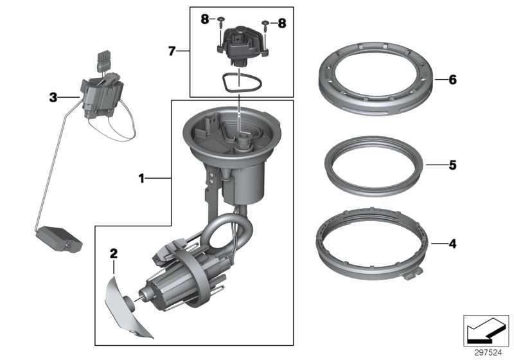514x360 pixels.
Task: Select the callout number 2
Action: coord(113,254)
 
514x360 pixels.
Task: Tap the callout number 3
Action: coord(53,98)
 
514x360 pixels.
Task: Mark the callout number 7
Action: coord(172,51)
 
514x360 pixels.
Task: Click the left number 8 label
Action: coord(204,21)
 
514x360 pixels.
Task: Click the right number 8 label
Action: coord(281,23)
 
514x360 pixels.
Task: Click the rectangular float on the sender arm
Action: coord(59,238)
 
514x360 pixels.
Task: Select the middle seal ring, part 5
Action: coord(373,165)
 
